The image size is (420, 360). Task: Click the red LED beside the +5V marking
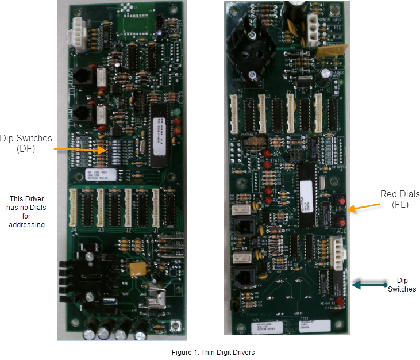268,154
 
